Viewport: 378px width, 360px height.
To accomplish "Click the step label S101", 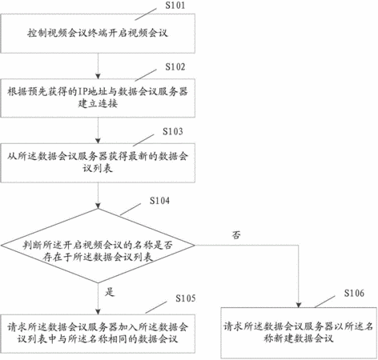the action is click(x=175, y=6).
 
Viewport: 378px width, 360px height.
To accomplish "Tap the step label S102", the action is click(x=175, y=66).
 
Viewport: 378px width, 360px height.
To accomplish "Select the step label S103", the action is click(x=173, y=131).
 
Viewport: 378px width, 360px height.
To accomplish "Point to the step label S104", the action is click(x=159, y=201).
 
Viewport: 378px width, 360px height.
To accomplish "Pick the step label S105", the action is click(x=186, y=298).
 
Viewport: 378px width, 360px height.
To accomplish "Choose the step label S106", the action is click(x=354, y=293).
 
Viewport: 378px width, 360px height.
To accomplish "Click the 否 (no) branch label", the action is click(x=236, y=235).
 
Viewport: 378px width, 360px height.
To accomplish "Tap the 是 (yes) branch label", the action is click(x=110, y=292).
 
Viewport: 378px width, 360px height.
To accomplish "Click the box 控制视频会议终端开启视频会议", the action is click(x=98, y=34).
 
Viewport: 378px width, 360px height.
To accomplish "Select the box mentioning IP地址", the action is click(x=98, y=98).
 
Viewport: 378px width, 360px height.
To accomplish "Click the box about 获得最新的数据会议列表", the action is click(x=98, y=163).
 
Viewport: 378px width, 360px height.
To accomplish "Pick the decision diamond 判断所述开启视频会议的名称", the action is click(x=98, y=246).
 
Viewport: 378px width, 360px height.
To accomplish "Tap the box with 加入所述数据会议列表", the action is click(x=98, y=334).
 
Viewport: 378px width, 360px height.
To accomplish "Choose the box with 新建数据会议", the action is click(x=299, y=333).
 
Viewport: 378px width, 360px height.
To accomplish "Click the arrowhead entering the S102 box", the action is click(x=98, y=76).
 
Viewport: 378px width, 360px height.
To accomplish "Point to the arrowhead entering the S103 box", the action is click(x=98, y=141).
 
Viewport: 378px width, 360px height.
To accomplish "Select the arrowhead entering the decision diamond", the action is click(x=98, y=206).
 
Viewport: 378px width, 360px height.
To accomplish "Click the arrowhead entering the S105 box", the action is click(x=98, y=312).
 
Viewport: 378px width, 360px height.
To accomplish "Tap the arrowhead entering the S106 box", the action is click(x=299, y=305).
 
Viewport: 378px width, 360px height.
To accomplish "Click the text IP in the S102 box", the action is click(x=82, y=92).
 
